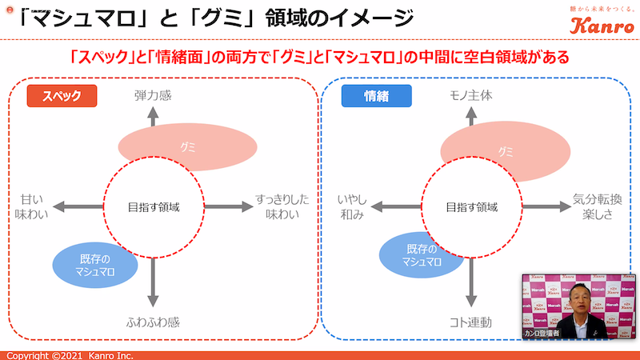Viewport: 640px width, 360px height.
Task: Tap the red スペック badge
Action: pos(62,96)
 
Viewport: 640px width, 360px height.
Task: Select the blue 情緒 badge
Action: pos(376,96)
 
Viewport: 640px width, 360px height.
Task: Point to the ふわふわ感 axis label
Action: pos(154,322)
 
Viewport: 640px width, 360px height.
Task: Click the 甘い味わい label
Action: pos(32,207)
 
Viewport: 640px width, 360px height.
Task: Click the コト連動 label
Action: pos(470,322)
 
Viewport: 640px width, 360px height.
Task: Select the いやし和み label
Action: pos(350,207)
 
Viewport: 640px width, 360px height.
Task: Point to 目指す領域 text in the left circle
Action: pos(154,206)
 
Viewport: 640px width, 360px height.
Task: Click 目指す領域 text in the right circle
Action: pos(470,206)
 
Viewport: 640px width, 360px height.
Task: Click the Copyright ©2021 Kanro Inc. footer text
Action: pos(70,355)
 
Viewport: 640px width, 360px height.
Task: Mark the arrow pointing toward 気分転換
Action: pos(544,206)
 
